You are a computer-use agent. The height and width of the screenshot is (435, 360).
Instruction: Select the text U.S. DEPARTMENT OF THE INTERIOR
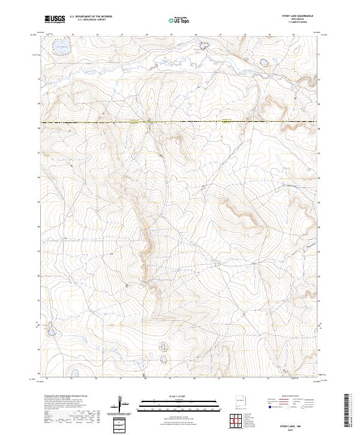pyautogui.click(x=91, y=17)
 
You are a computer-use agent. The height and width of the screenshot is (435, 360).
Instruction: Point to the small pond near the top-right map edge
pyautogui.click(x=263, y=62)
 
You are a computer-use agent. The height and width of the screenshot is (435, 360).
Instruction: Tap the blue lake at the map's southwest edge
pyautogui.click(x=52, y=331)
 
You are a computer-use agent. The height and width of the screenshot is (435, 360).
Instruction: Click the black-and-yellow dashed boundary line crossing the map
pyautogui.click(x=180, y=122)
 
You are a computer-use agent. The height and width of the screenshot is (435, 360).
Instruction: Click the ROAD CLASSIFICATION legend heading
pyautogui.click(x=290, y=396)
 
